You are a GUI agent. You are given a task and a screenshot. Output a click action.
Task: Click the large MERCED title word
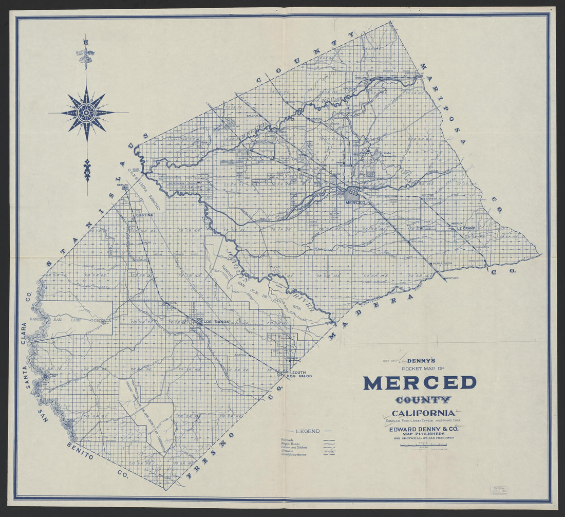pyautogui.click(x=420, y=383)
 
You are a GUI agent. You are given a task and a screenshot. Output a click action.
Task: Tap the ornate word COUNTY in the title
pyautogui.click(x=423, y=399)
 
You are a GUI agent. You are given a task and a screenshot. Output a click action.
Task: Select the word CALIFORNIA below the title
pyautogui.click(x=423, y=413)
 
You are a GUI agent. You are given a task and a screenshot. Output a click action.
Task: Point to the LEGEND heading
pyautogui.click(x=307, y=431)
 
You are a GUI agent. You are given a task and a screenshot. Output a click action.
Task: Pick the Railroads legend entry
pyautogui.click(x=288, y=440)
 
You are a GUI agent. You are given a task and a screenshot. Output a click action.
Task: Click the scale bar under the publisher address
pyautogui.click(x=423, y=445)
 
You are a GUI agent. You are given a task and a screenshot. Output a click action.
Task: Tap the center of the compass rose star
pyautogui.click(x=86, y=113)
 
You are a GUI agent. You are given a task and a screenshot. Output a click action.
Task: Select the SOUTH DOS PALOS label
pyautogui.click(x=301, y=374)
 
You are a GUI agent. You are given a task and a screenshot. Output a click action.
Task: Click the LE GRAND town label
pyautogui.click(x=464, y=228)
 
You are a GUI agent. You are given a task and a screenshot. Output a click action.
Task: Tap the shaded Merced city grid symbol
pyautogui.click(x=352, y=194)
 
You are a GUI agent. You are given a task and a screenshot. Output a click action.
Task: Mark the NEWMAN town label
pyautogui.click(x=123, y=184)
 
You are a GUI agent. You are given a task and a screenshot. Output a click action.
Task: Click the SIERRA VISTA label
pyautogui.click(x=442, y=263)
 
